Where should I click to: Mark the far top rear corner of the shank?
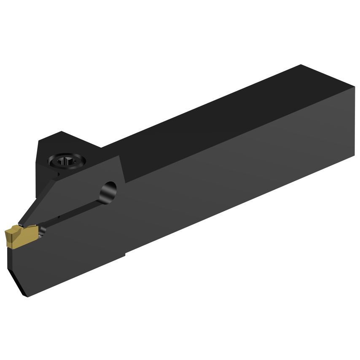pos(301,65)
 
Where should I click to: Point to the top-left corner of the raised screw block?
pos(41,142)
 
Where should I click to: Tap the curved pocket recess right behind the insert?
pos(42,231)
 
